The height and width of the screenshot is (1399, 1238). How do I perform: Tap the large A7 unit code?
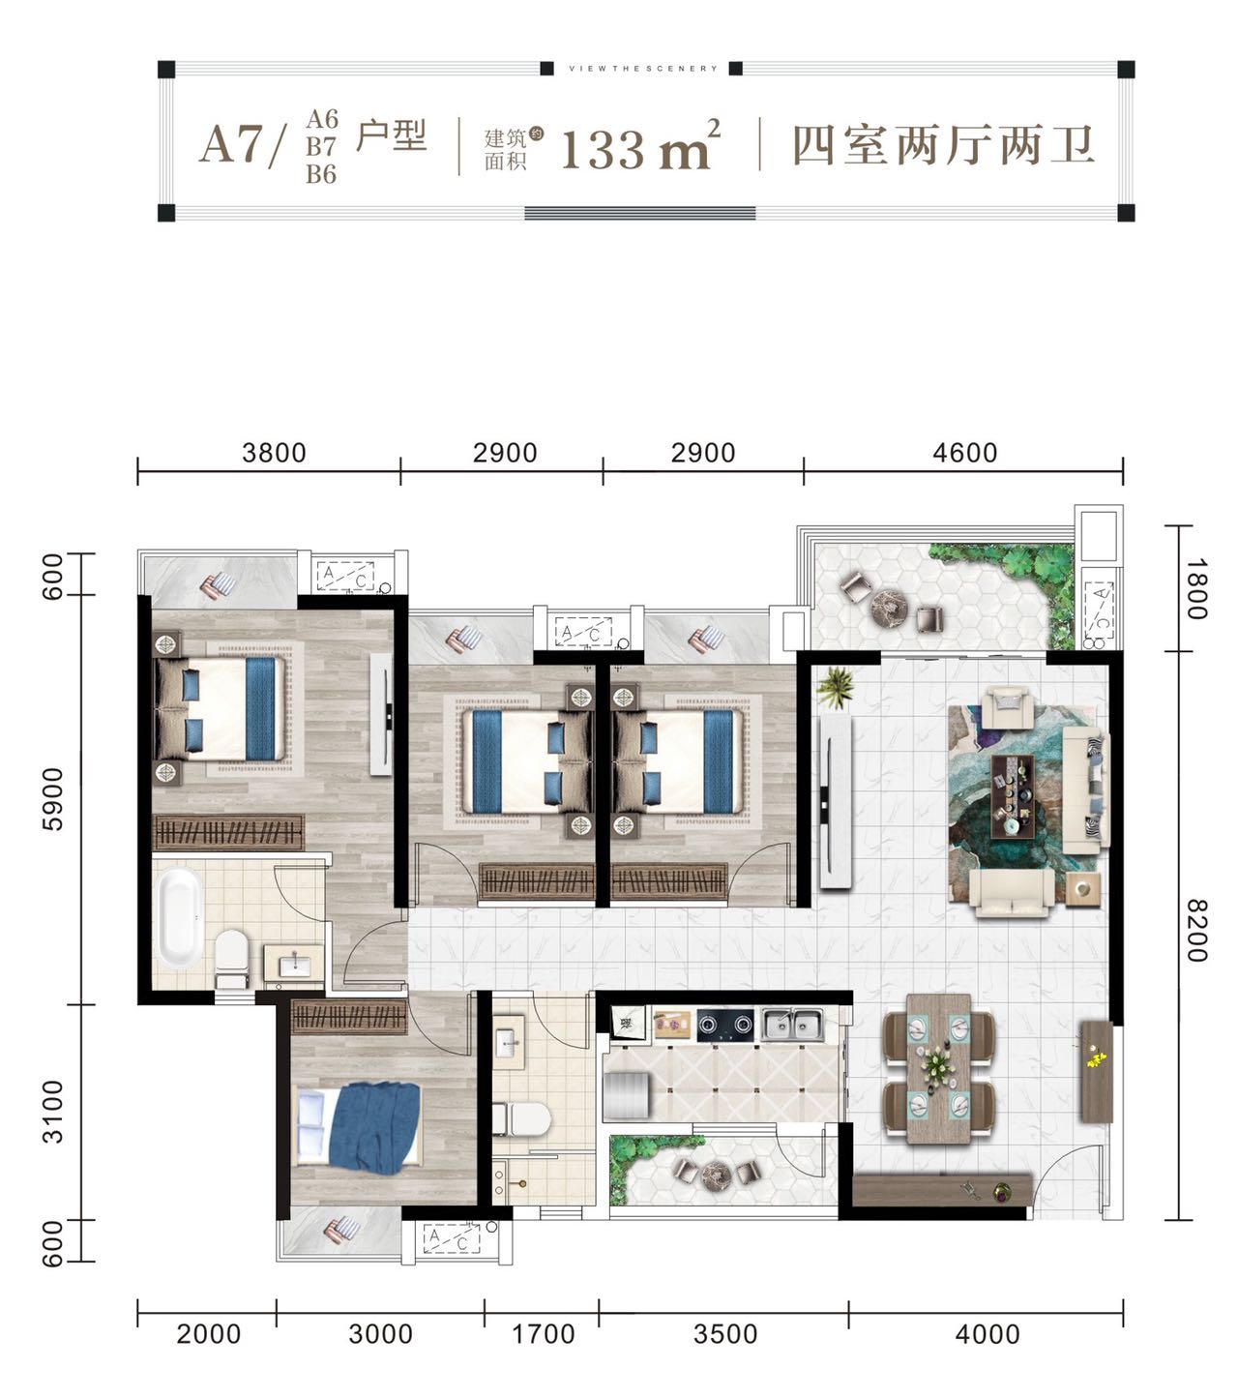tap(231, 145)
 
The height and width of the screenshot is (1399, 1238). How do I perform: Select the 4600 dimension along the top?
tap(964, 453)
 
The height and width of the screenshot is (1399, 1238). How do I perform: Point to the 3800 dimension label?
tap(274, 453)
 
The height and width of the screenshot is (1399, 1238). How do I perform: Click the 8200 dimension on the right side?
tap(1196, 930)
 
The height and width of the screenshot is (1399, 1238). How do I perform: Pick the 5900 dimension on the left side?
tap(52, 799)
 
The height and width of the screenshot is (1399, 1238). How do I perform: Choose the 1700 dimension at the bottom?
tap(543, 1334)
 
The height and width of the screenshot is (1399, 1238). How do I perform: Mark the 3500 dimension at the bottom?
tap(725, 1334)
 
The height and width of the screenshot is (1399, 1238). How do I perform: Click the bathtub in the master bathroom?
tap(178, 916)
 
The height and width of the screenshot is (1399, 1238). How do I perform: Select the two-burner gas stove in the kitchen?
tap(725, 1025)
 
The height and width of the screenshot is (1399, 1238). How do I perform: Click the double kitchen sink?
tap(792, 1025)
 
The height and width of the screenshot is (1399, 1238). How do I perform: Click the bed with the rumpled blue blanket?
tap(358, 1127)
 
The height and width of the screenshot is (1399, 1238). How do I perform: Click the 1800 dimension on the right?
tap(1196, 589)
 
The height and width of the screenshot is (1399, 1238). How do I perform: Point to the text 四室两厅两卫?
tap(943, 145)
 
